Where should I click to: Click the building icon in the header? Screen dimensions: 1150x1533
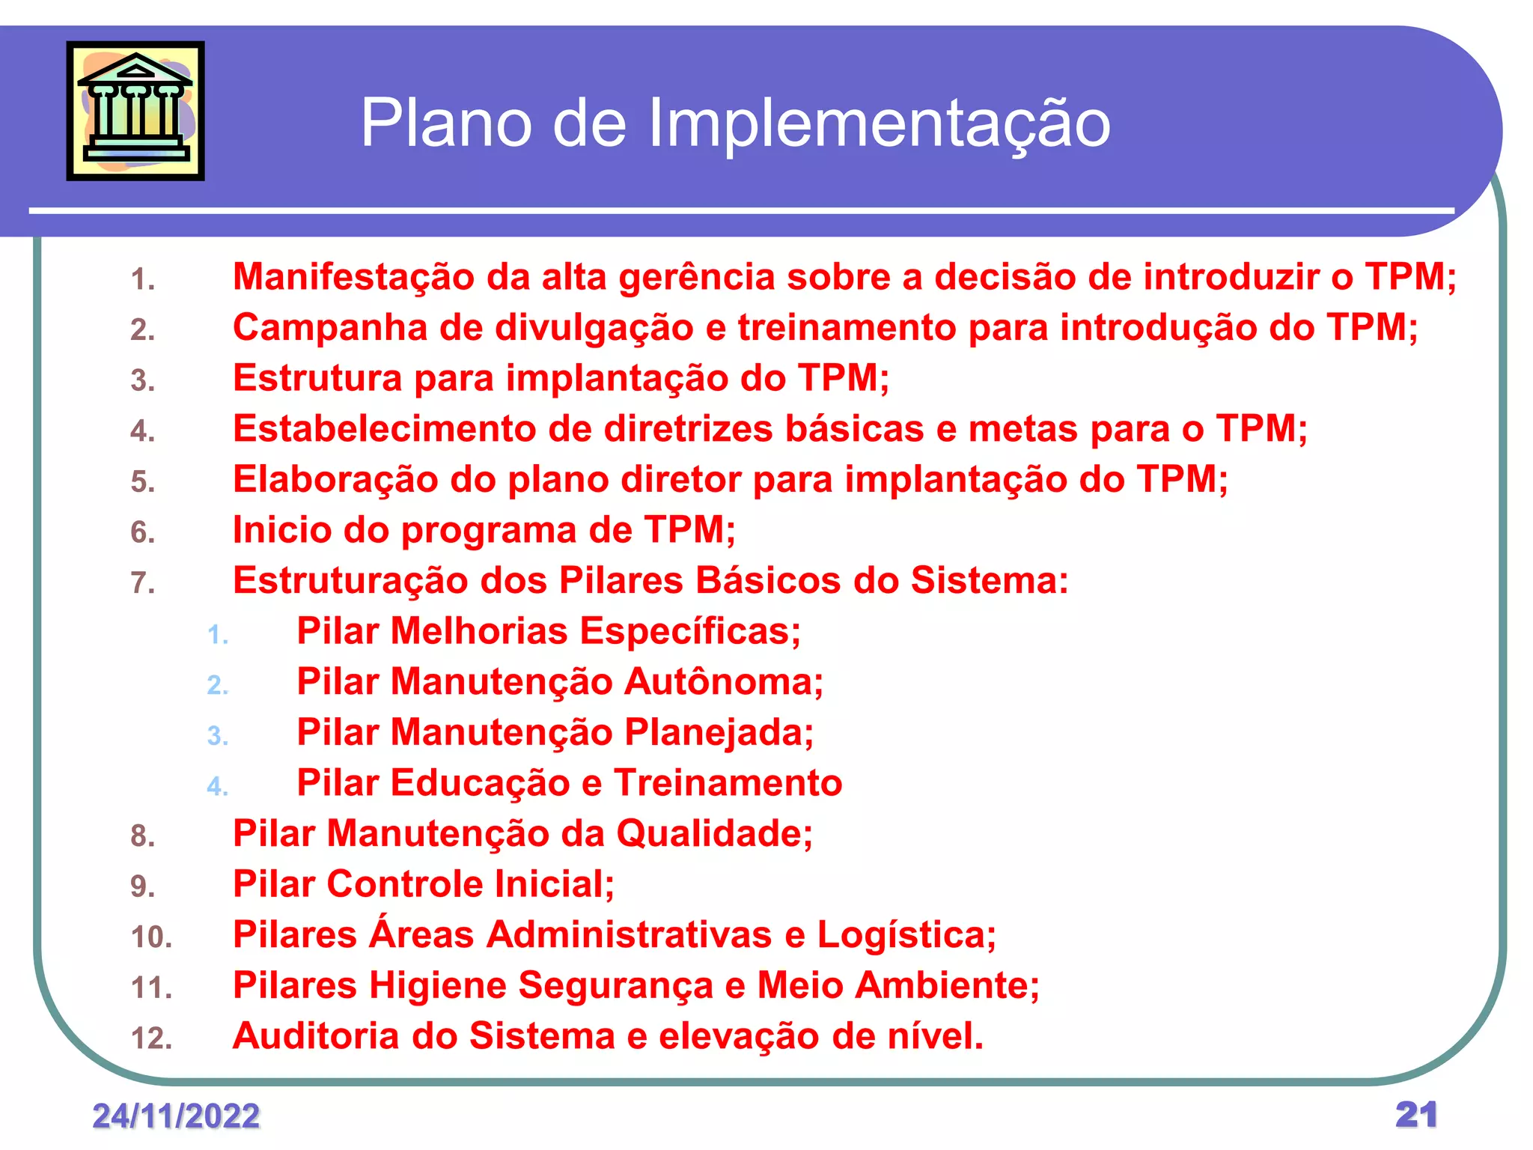tap(135, 111)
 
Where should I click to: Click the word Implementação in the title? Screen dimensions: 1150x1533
tap(879, 124)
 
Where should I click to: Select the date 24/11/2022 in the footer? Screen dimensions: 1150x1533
tap(176, 1116)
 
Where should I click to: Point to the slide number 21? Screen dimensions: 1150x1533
tap(1416, 1114)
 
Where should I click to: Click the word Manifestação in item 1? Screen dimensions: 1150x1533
tap(353, 277)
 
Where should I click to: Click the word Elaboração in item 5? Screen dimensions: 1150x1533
tap(335, 480)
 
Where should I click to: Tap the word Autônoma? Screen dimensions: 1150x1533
tap(724, 682)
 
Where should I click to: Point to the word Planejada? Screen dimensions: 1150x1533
tap(719, 732)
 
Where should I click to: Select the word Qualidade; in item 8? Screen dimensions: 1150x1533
tap(714, 833)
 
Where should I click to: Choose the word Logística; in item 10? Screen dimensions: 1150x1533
tap(906, 935)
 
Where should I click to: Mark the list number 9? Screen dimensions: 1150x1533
tap(142, 886)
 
